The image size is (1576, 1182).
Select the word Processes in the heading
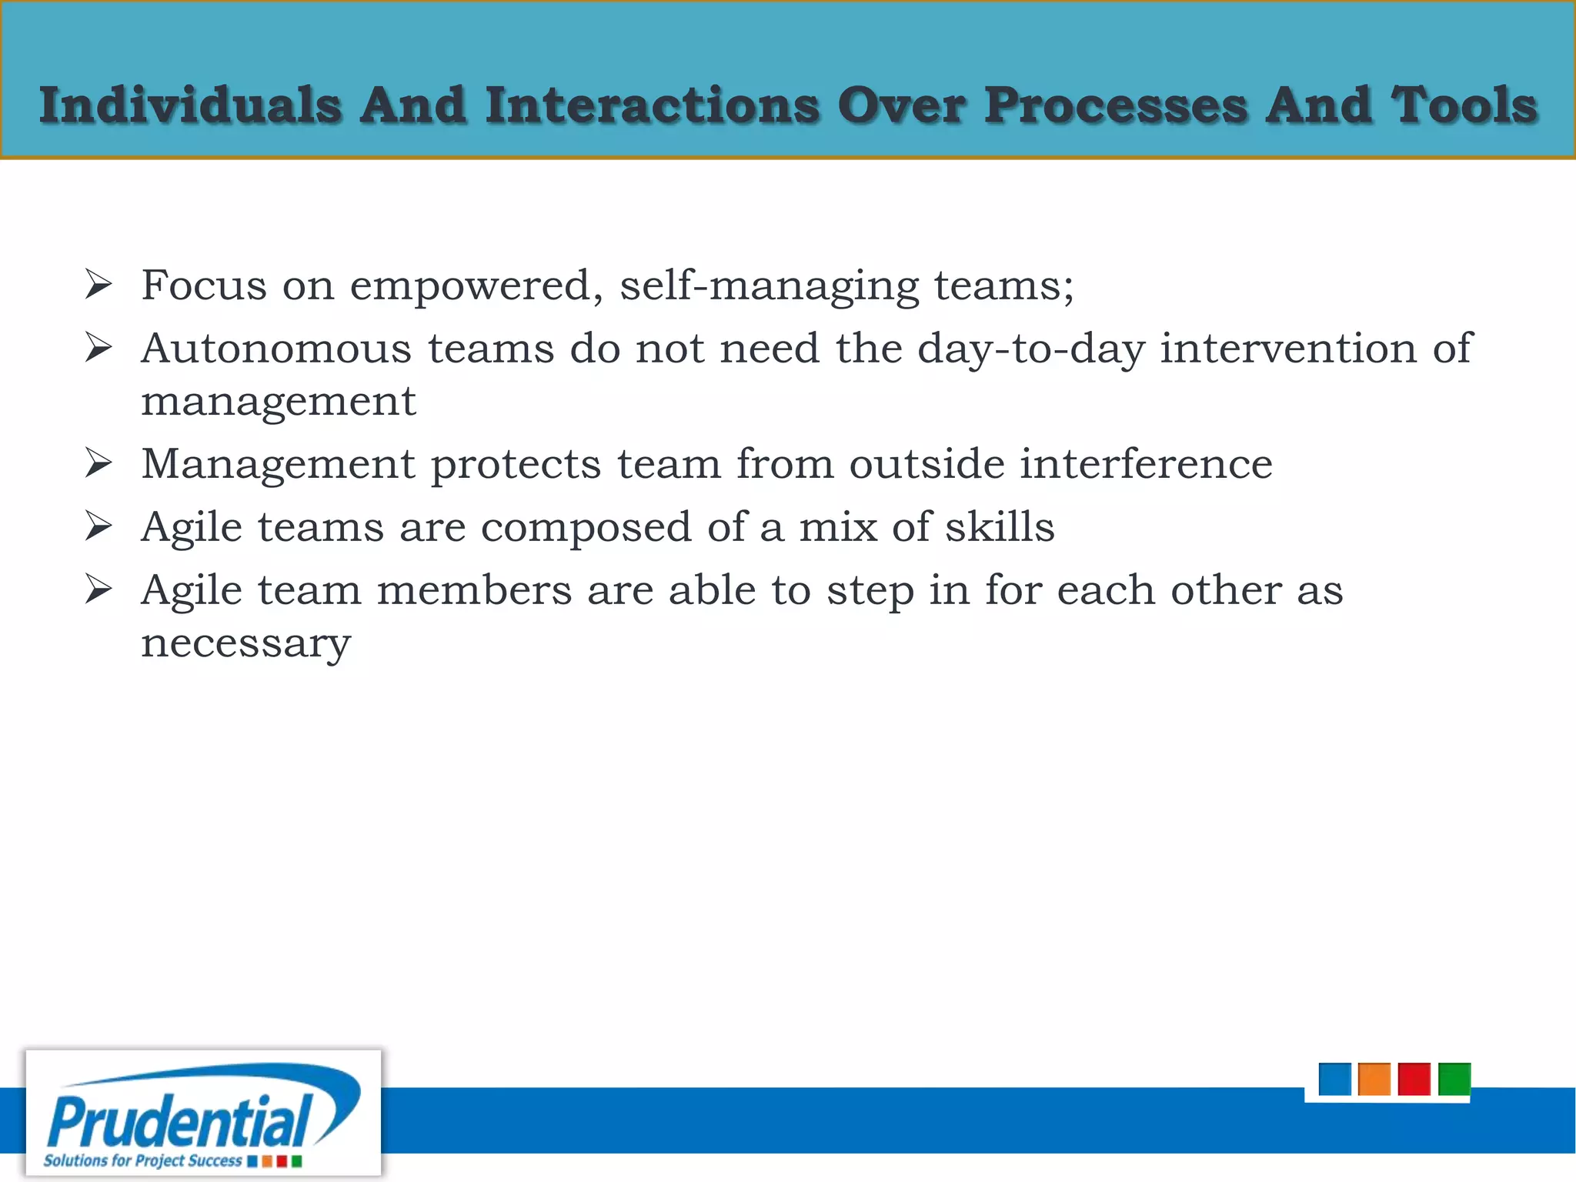(1116, 105)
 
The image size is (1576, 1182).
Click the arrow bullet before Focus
(98, 285)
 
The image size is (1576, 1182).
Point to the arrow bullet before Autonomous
(98, 349)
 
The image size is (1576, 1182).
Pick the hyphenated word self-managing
(770, 286)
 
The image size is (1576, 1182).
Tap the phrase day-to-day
(1030, 349)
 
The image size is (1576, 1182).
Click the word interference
(1146, 464)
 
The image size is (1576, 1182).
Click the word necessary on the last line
(245, 643)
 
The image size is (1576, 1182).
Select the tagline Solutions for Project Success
(142, 1160)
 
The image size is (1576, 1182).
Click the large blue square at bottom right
(1334, 1079)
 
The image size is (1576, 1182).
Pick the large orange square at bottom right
(1374, 1079)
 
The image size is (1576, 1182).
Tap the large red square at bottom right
(1414, 1079)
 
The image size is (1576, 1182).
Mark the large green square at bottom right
(1454, 1079)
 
